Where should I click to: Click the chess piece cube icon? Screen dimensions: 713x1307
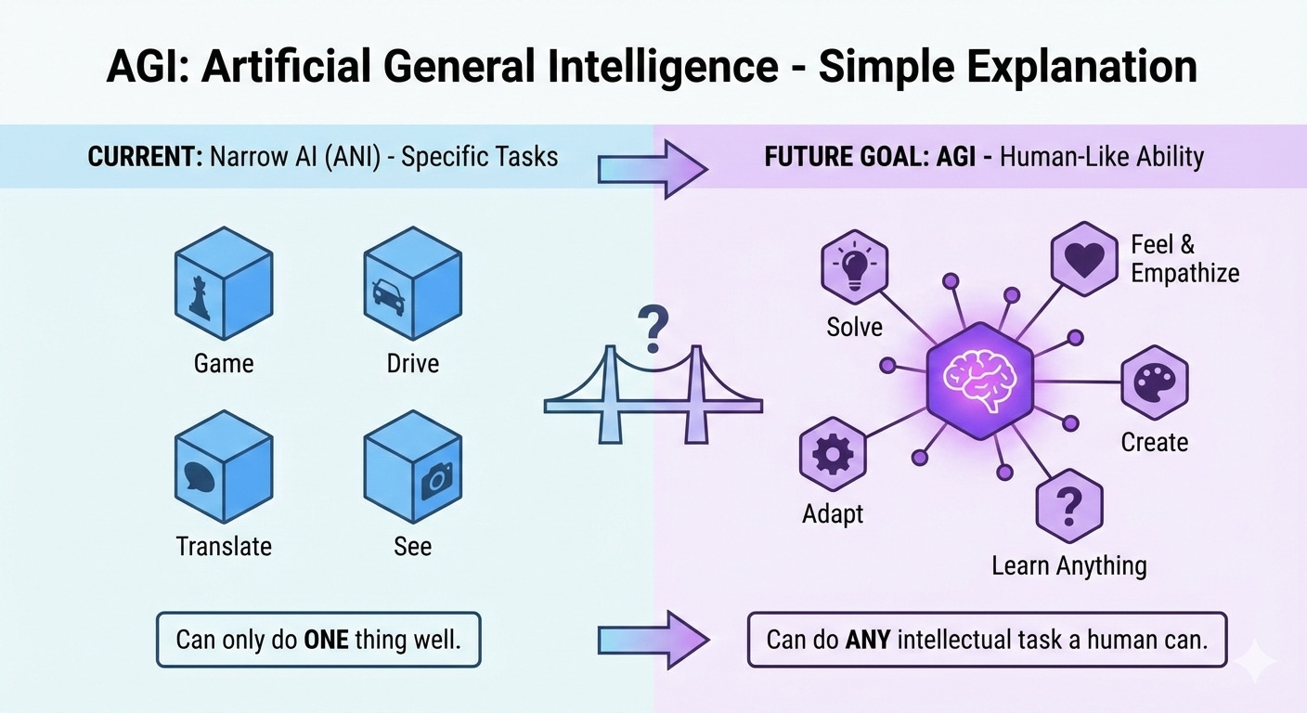[x=224, y=284]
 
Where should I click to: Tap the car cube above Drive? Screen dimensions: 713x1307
[x=412, y=284]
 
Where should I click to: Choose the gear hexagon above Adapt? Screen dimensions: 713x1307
[x=833, y=455]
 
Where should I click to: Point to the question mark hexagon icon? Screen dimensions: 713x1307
[x=1068, y=506]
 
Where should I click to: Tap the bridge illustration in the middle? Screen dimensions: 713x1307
[x=653, y=395]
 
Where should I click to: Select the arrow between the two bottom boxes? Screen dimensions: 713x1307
[x=653, y=639]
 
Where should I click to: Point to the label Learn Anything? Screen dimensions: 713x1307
[x=1068, y=564]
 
